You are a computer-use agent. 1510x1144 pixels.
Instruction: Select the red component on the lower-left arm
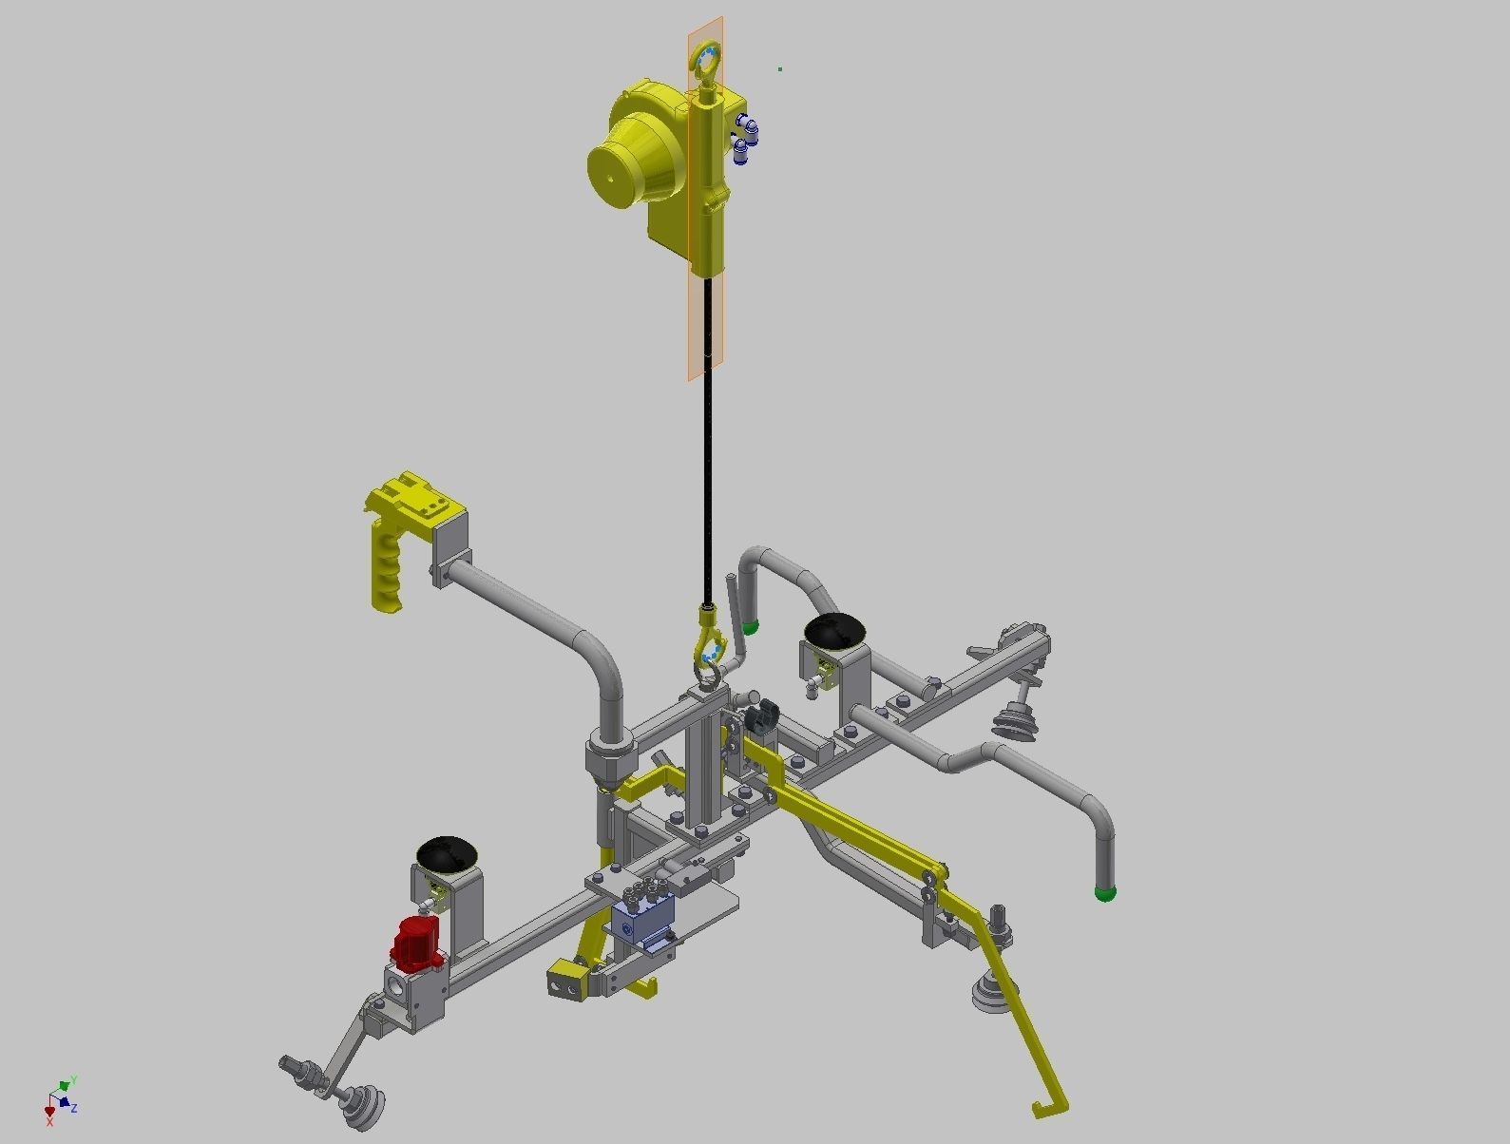pos(418,943)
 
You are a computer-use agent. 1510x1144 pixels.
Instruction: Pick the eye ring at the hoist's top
pos(706,59)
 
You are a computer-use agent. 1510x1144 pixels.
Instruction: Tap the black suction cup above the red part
pos(447,853)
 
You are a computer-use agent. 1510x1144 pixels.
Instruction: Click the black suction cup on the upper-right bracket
pos(834,632)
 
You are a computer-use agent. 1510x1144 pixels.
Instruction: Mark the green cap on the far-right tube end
pos(1105,893)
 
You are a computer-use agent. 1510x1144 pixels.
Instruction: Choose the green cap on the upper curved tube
pos(751,626)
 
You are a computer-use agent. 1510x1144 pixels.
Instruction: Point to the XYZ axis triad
pos(60,1097)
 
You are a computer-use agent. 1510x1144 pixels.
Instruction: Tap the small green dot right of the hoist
pos(780,69)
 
